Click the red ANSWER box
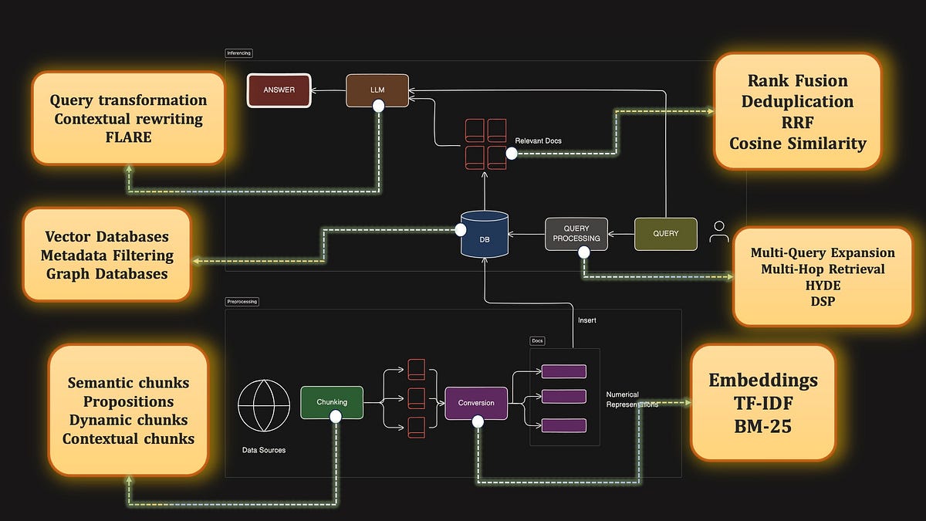[x=278, y=90]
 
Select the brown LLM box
[x=377, y=90]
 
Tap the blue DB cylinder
[x=484, y=235]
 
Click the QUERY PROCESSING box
[x=576, y=234]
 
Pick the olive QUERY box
[x=665, y=234]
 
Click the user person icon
[x=719, y=232]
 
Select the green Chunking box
[x=332, y=402]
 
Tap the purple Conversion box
[x=476, y=403]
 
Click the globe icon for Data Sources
[x=264, y=405]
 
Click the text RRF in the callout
[x=797, y=123]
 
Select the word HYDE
[x=823, y=286]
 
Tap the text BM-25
[x=762, y=425]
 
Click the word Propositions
[x=128, y=402]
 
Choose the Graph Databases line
[x=106, y=273]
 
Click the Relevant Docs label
[x=539, y=141]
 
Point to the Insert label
[x=587, y=320]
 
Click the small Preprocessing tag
[x=242, y=302]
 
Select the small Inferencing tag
[x=238, y=53]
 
